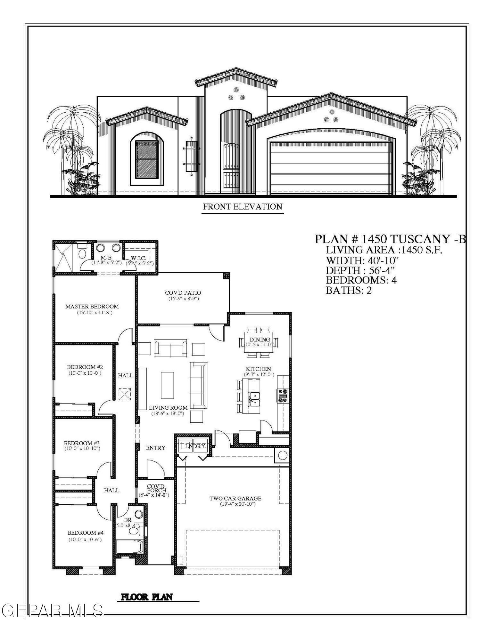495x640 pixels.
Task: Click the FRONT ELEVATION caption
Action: point(243,207)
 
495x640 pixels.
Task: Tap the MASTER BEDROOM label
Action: point(92,307)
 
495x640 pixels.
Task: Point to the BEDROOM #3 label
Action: point(82,443)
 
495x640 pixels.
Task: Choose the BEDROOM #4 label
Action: point(86,533)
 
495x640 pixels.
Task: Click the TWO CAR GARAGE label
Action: point(235,498)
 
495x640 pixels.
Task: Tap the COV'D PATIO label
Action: point(183,293)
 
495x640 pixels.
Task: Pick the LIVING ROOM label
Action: point(168,408)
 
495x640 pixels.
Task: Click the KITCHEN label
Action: point(258,369)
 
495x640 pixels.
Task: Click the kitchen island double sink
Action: point(255,399)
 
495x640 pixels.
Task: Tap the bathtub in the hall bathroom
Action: point(129,547)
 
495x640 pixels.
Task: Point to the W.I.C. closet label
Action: point(139,258)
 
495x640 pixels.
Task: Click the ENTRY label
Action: point(155,448)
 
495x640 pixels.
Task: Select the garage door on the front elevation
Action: point(331,168)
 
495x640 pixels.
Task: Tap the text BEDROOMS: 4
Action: point(361,280)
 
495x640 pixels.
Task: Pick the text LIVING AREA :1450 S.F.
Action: point(384,250)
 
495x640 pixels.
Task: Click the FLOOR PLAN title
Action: point(146,597)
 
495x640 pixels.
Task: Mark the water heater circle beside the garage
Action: point(282,455)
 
